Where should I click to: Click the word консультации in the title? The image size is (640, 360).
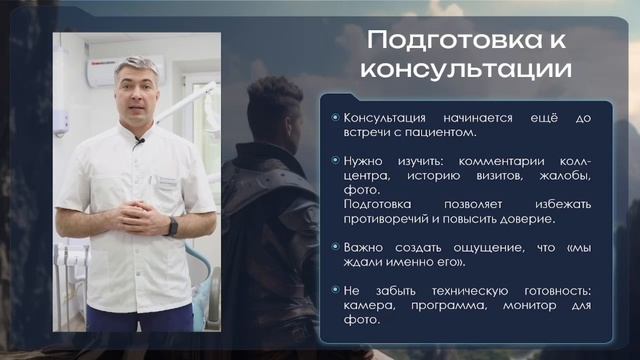(x=466, y=72)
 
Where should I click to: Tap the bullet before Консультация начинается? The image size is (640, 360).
(x=335, y=118)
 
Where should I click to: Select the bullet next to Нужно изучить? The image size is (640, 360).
(x=335, y=160)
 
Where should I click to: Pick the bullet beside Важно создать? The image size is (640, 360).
(x=335, y=246)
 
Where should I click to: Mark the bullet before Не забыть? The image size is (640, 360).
(x=335, y=290)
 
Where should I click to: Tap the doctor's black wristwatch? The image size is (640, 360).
(x=173, y=225)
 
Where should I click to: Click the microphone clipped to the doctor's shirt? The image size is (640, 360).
(x=139, y=143)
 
